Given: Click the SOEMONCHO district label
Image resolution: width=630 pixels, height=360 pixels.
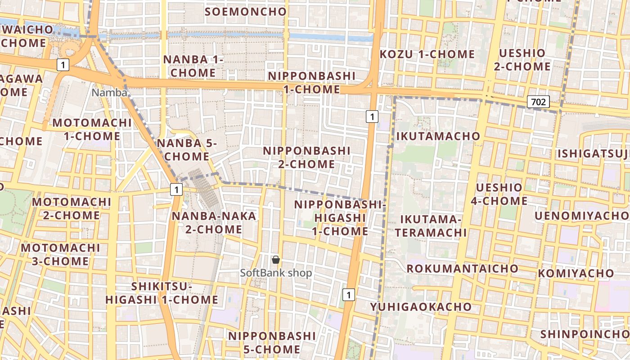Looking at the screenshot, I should click(x=245, y=12).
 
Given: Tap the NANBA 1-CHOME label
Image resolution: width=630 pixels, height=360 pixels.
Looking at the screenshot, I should click(x=193, y=66).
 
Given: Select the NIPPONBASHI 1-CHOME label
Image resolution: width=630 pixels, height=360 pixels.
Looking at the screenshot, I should click(x=311, y=82).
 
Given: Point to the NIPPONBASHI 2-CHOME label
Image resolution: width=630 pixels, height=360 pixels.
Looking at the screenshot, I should click(x=306, y=157).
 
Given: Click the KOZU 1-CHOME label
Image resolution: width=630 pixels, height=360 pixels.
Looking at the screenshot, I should click(x=427, y=54).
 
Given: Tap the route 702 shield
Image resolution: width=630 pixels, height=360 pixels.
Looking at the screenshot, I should click(x=538, y=102).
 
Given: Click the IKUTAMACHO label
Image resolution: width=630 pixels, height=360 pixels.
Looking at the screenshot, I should click(x=438, y=136).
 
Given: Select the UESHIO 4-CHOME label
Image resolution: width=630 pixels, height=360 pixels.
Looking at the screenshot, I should click(x=499, y=194).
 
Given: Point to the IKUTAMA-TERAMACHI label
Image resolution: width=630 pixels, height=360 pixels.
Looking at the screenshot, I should click(x=433, y=226).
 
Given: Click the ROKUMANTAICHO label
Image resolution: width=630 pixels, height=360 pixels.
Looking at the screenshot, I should click(x=463, y=269).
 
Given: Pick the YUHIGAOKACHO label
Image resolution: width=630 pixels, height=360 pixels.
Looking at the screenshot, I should click(x=421, y=307).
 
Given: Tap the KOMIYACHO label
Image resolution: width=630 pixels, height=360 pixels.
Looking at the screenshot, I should click(x=576, y=273).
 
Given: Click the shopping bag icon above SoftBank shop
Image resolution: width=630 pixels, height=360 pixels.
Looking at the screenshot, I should click(x=276, y=260).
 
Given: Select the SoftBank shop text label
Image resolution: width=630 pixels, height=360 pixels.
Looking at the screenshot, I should click(x=276, y=273).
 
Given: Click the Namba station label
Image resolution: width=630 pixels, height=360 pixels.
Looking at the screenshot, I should click(x=109, y=93).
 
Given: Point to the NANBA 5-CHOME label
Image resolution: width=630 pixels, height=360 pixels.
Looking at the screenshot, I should click(x=187, y=150).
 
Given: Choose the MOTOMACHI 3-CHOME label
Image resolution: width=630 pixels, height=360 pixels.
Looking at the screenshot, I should click(x=60, y=254).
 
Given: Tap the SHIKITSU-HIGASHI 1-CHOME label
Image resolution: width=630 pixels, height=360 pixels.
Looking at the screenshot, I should click(x=162, y=293).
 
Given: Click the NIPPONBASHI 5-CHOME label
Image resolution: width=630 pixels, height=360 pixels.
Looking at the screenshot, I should click(x=272, y=342).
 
